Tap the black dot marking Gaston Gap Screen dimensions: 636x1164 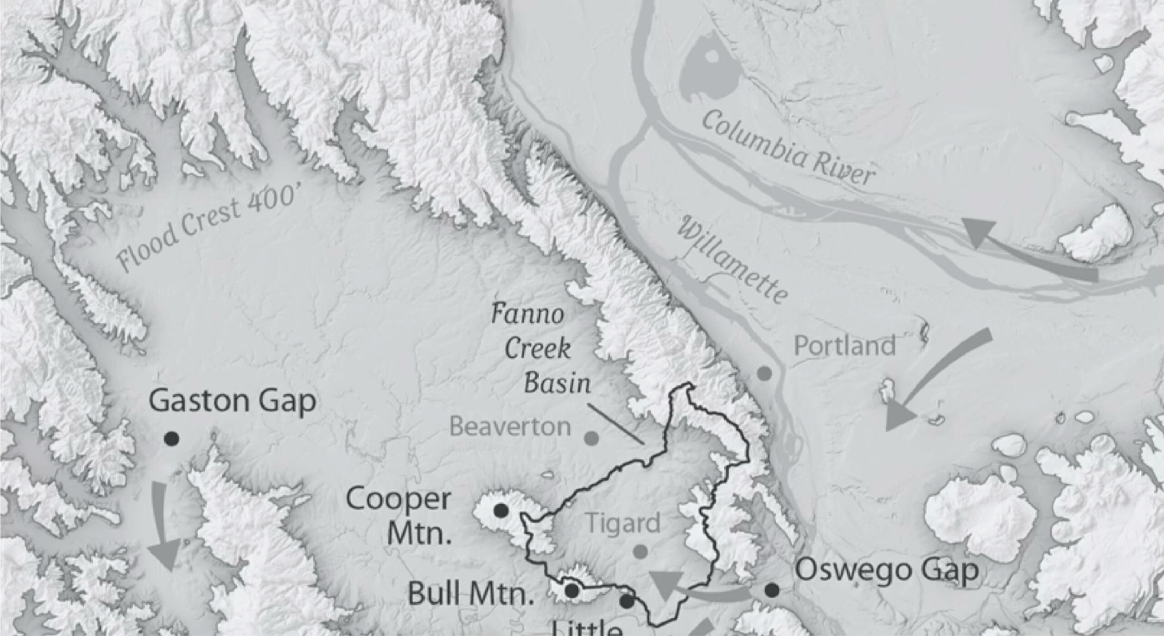(171, 439)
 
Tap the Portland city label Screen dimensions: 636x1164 (844, 346)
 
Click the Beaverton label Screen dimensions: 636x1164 (510, 427)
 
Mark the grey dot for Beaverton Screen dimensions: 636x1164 (591, 438)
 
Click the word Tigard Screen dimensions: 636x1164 (622, 524)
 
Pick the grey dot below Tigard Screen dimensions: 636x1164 (640, 551)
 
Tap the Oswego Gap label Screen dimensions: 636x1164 (887, 570)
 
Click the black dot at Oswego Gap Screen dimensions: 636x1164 (772, 591)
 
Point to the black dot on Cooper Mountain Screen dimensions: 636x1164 (501, 511)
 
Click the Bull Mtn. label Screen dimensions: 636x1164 (470, 594)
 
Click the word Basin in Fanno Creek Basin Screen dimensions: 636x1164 (557, 383)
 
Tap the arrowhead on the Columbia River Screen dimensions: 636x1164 (978, 232)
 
